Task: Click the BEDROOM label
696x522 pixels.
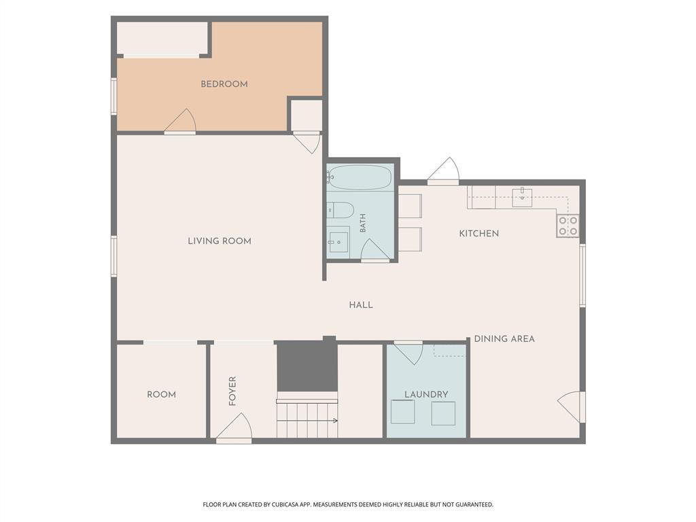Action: pos(224,84)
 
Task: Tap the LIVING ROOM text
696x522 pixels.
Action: pos(220,241)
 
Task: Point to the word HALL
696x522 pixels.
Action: pos(361,305)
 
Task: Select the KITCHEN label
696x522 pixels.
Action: pos(479,234)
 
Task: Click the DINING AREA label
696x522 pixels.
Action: pos(504,338)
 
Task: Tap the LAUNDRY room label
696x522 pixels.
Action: pos(426,394)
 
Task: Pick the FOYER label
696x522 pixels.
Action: pos(232,391)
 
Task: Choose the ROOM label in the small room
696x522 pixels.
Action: pos(162,395)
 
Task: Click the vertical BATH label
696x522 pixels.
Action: pos(363,223)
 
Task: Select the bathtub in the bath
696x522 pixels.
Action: pos(360,177)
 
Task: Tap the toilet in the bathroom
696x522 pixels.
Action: pos(340,210)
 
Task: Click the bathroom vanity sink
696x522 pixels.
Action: pos(338,242)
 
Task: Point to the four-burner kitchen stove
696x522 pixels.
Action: pos(568,226)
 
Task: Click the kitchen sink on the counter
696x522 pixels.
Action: pos(523,196)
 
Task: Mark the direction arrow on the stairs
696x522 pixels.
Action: pos(307,420)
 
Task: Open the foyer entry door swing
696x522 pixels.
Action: pos(234,428)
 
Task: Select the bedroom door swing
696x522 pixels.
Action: pos(180,121)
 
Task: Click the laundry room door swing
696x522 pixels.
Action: pos(408,353)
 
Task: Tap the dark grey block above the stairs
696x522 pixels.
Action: pos(307,366)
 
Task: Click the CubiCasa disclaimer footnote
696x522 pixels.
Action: pos(348,505)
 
